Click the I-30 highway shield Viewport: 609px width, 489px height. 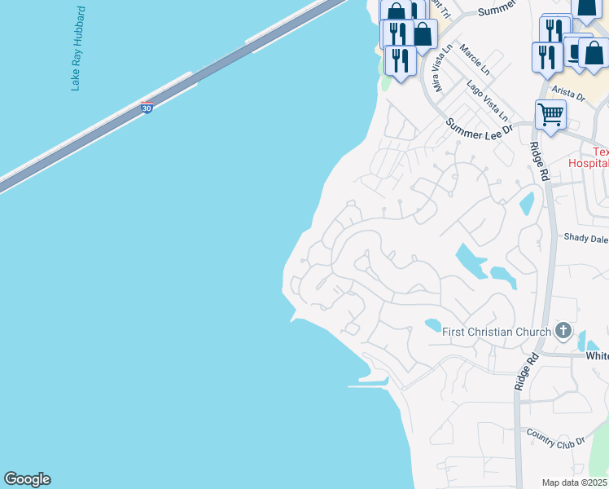(x=147, y=108)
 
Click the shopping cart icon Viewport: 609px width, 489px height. (x=550, y=115)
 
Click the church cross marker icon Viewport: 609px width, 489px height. (x=563, y=331)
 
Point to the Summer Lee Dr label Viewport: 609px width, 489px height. (x=479, y=128)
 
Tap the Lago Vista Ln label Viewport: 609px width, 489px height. (x=486, y=100)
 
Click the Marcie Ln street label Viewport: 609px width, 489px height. (x=475, y=59)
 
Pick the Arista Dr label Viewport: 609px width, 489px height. (x=569, y=95)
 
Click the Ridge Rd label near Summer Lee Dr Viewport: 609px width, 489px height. (x=538, y=161)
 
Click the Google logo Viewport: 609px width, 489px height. (x=27, y=479)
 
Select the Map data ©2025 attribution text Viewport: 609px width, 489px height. (x=574, y=482)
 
